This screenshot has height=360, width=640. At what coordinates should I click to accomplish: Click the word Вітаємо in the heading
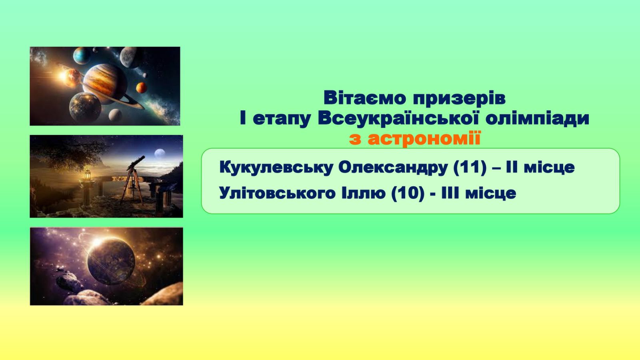(364, 98)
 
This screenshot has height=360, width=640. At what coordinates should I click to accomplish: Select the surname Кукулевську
(276, 168)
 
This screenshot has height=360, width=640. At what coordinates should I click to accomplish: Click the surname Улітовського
(277, 194)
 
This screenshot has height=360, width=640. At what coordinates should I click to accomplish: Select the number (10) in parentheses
(408, 194)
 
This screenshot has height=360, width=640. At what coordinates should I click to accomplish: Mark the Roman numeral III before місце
(450, 193)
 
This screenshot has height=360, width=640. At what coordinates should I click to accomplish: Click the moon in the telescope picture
(160, 154)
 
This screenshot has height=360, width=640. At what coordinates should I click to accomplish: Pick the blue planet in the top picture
(82, 56)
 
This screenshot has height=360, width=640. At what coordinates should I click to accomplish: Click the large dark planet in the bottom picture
(111, 260)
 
